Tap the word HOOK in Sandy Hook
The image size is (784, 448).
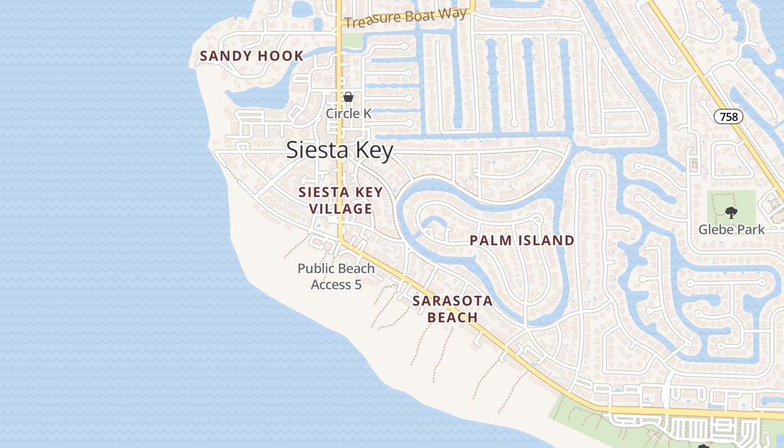(x=281, y=56)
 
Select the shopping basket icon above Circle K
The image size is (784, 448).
(x=348, y=97)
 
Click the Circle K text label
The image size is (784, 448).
(x=348, y=113)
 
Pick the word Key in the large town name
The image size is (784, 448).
(x=374, y=151)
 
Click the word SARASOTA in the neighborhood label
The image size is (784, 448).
(x=452, y=301)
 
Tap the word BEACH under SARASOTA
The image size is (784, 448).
(x=452, y=318)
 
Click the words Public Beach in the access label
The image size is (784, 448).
(x=336, y=269)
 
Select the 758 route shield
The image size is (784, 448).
(x=729, y=116)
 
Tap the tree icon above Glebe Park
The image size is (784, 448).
(x=731, y=212)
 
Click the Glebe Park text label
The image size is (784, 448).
(x=731, y=230)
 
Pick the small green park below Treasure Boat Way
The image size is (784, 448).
(x=352, y=40)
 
